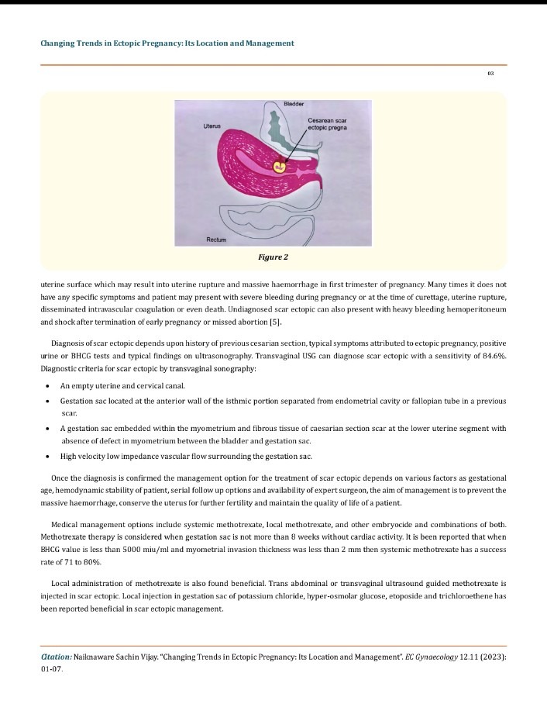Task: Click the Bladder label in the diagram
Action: coord(294,104)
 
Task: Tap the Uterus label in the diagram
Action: coord(212,125)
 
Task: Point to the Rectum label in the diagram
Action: coord(216,240)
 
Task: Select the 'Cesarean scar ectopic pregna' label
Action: coord(326,124)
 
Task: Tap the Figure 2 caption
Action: coord(273,256)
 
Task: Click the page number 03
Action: coord(490,73)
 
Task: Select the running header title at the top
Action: coord(167,43)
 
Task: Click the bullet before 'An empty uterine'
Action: coord(49,386)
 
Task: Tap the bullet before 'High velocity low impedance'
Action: coord(49,455)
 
